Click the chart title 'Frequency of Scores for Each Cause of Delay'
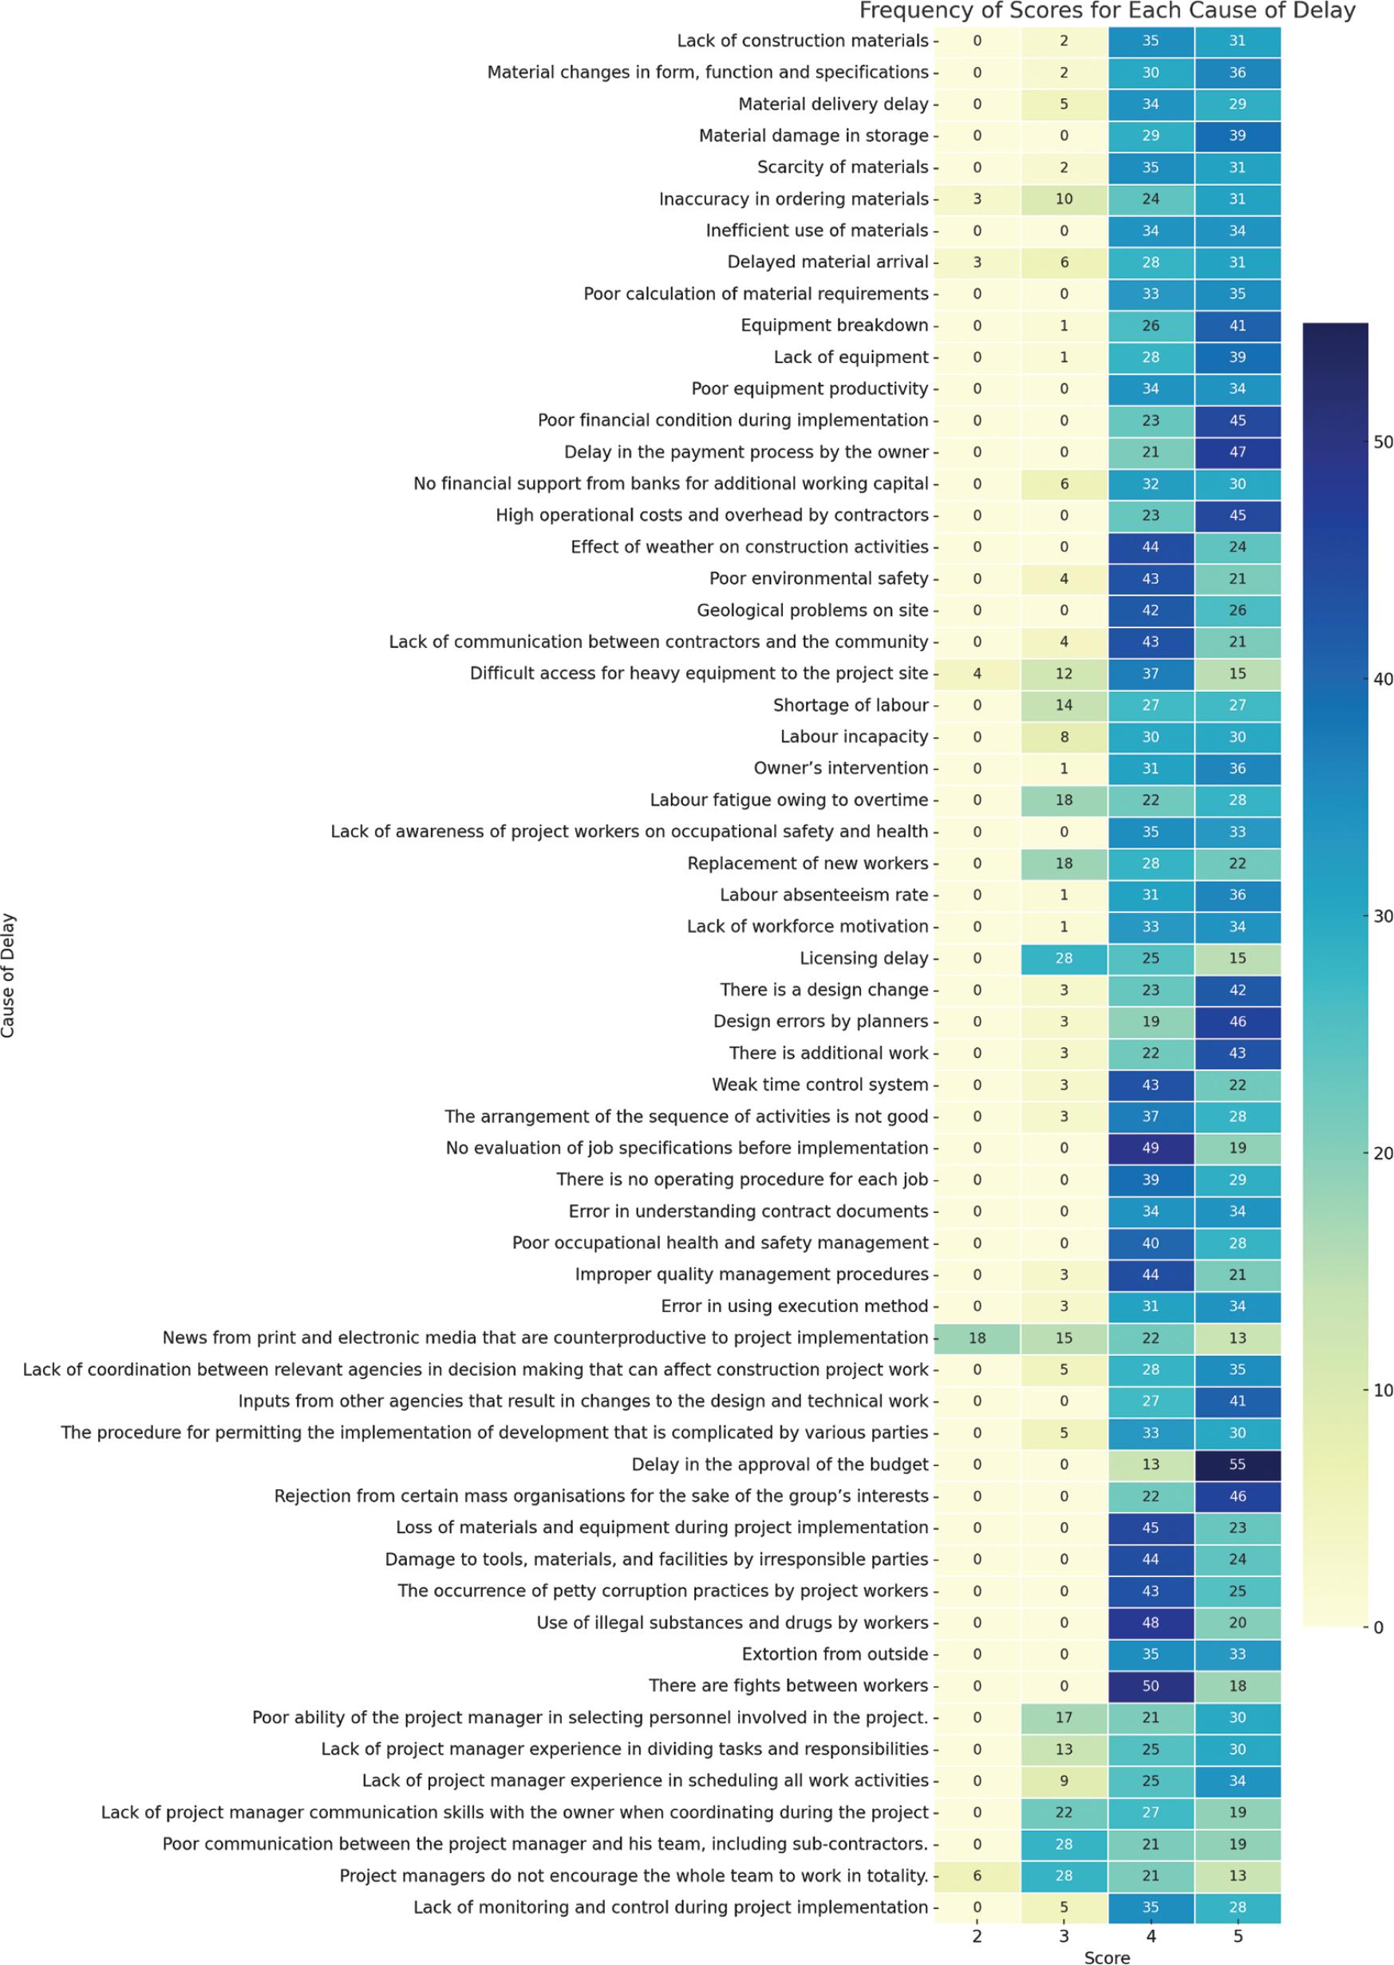[x=1107, y=11]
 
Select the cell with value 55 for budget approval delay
[x=1237, y=1465]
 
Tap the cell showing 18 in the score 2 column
[x=977, y=1338]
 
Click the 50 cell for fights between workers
[x=1150, y=1686]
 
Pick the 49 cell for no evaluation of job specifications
[x=1150, y=1148]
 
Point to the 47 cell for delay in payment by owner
[x=1237, y=452]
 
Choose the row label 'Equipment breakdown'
[x=835, y=326]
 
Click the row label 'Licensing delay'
[x=863, y=958]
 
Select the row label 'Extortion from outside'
[x=835, y=1655]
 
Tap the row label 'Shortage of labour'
[x=850, y=705]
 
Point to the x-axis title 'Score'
[x=1107, y=1956]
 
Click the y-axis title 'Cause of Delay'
[x=9, y=975]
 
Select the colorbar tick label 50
[x=1382, y=442]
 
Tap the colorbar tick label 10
[x=1382, y=1390]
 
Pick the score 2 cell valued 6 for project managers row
[x=977, y=1876]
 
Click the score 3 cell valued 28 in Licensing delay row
[x=1064, y=958]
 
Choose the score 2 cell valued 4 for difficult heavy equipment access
[x=977, y=674]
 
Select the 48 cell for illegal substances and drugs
[x=1150, y=1623]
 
